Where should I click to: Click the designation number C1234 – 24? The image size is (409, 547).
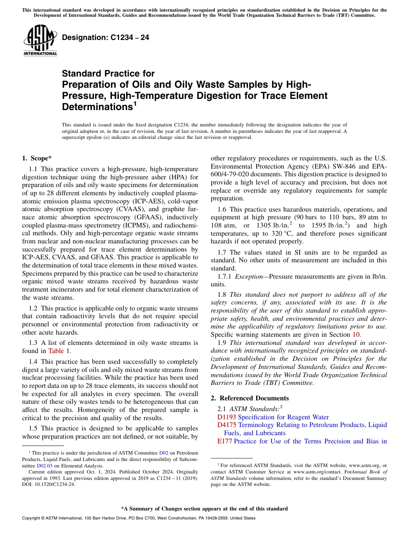coord(105,37)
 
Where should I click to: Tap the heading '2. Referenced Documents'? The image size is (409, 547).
coord(250,398)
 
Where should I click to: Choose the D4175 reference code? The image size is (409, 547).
coord(227,425)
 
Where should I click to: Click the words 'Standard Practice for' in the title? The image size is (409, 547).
coord(108,74)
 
